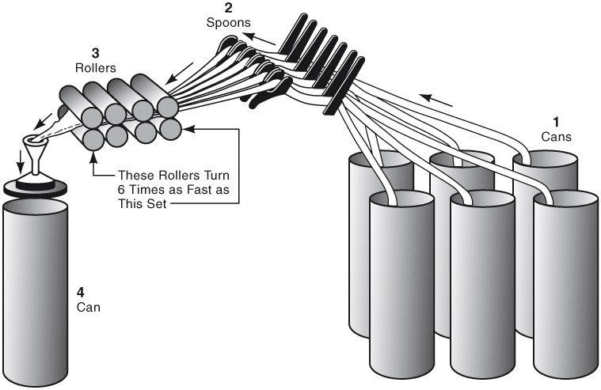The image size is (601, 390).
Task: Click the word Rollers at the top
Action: [x=95, y=67]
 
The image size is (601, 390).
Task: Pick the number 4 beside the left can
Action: [x=80, y=290]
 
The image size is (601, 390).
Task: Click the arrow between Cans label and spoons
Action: [x=436, y=100]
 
